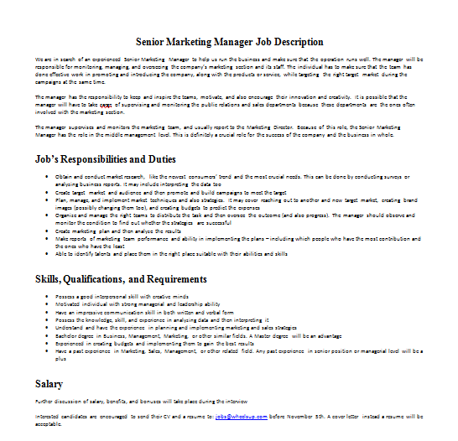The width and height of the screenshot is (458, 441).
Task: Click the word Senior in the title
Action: [153, 42]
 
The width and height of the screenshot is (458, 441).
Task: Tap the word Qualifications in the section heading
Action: [100, 278]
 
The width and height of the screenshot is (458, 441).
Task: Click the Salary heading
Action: [49, 383]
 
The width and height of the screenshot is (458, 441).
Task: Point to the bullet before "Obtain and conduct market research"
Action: [46, 178]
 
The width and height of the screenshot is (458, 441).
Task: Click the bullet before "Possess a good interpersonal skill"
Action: [46, 298]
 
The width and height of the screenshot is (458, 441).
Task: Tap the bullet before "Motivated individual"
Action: [46, 305]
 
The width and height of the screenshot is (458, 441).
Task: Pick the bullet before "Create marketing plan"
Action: [46, 231]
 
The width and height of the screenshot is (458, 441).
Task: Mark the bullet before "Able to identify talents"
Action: [46, 252]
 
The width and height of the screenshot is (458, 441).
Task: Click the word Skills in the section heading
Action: [49, 278]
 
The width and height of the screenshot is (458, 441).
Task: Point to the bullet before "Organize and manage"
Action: [46, 217]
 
